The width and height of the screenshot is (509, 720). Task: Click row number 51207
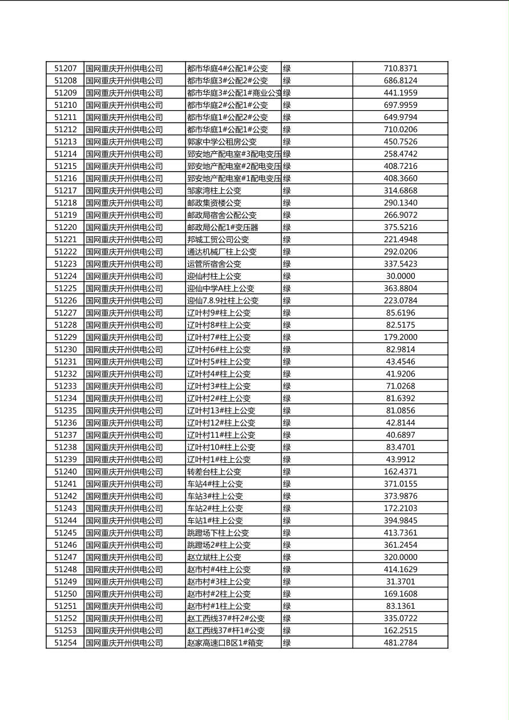point(65,68)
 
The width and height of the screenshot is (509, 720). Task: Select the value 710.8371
point(400,68)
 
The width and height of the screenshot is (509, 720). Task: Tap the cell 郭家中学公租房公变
point(222,141)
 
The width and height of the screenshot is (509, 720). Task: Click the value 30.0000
point(400,276)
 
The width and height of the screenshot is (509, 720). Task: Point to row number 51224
point(65,276)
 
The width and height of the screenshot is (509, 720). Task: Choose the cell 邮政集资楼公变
point(214,203)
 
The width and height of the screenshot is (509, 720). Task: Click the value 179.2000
point(400,337)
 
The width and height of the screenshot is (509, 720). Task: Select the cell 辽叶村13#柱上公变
point(221,410)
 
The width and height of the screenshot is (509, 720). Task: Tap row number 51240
point(65,471)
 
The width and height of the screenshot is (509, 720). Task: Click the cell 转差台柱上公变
point(214,471)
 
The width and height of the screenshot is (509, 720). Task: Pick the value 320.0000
point(400,557)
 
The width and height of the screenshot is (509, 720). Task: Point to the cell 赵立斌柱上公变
point(214,557)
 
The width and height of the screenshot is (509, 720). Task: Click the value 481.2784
point(400,642)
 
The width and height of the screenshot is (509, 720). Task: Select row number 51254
point(65,642)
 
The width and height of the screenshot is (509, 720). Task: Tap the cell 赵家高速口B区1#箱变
point(225,642)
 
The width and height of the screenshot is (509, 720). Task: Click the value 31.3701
point(400,581)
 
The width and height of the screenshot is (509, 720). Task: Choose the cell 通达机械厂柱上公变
point(222,252)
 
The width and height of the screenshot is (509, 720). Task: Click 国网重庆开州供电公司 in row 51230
point(124,349)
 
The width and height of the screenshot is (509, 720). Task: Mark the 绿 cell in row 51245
point(287,532)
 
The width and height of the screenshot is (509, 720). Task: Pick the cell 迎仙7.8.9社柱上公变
point(223,300)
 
